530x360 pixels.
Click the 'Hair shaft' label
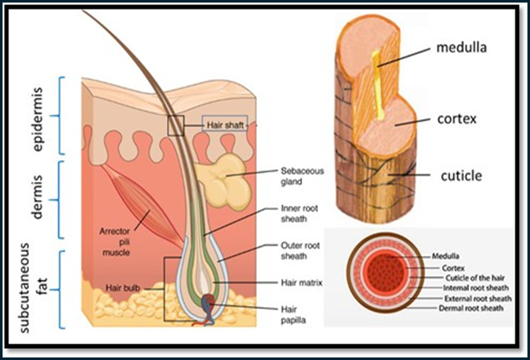226,125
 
